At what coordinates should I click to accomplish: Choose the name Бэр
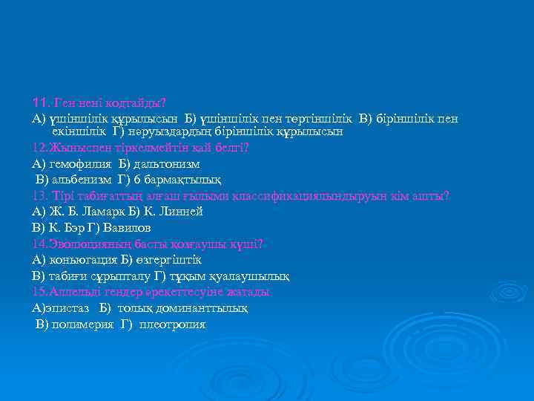pos(88,228)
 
